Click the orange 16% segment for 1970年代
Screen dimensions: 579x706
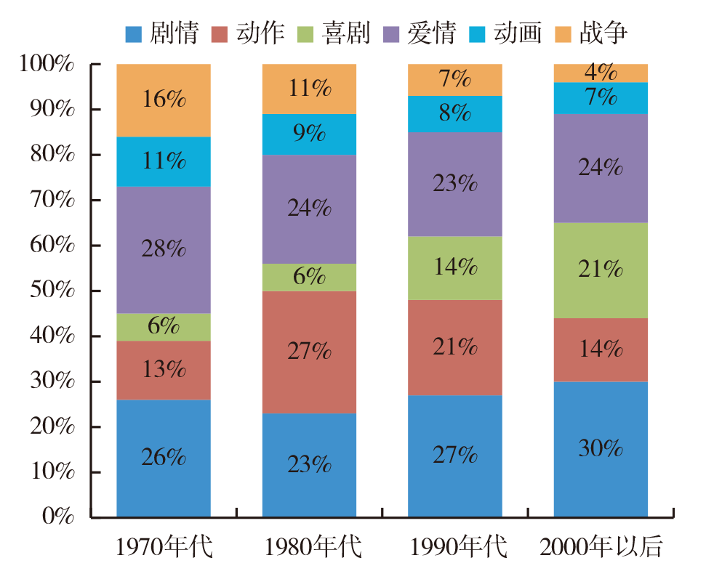coord(164,100)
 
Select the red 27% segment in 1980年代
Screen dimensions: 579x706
coord(309,352)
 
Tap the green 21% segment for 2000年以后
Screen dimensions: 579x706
coord(601,270)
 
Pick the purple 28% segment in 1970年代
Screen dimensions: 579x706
coord(164,250)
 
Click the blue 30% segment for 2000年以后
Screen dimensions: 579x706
coord(601,449)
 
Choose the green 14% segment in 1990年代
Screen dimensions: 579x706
coord(455,267)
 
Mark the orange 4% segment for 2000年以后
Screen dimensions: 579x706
coord(601,73)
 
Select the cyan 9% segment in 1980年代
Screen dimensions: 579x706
coord(309,134)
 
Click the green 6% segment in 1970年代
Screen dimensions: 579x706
coord(164,326)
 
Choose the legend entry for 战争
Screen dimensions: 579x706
coord(591,33)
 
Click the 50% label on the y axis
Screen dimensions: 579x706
coord(48,291)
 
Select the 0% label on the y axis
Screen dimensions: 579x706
coord(58,517)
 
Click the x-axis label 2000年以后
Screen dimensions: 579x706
coord(601,547)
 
